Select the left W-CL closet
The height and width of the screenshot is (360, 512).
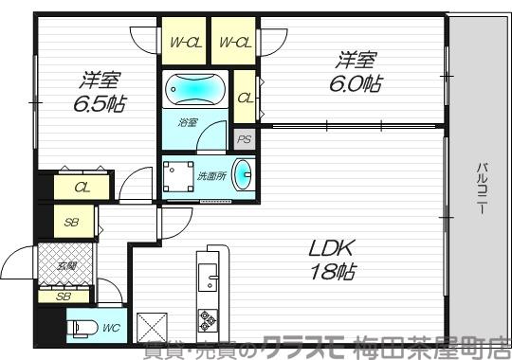[x=184, y=42]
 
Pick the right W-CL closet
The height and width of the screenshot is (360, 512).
[x=234, y=42]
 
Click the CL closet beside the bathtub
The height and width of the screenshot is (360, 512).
[x=245, y=98]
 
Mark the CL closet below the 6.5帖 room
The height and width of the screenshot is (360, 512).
[x=82, y=188]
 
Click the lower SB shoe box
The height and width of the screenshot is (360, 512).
[x=64, y=297]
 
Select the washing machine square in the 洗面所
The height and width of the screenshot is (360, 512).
[x=175, y=177]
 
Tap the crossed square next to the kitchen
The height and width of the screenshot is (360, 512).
[x=152, y=327]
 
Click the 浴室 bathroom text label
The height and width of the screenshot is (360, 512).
[x=187, y=122]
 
